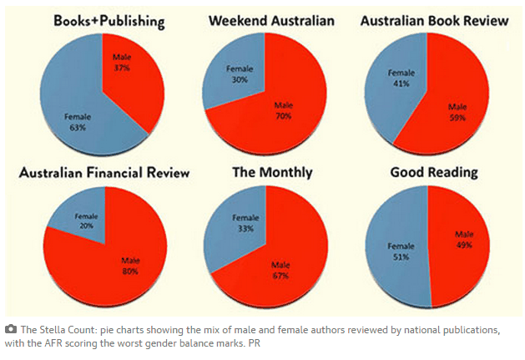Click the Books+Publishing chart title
tap(109, 22)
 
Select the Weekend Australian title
tap(271, 21)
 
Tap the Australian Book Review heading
tap(435, 21)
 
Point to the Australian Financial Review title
tap(104, 173)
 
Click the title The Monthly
tap(273, 173)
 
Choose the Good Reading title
tap(434, 173)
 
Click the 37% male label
tap(122, 63)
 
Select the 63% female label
tap(78, 122)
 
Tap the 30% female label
tap(240, 74)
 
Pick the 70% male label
tap(284, 111)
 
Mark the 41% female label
tap(401, 79)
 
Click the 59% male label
tap(457, 112)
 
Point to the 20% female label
tap(86, 221)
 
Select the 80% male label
tap(130, 266)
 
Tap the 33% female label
tap(245, 223)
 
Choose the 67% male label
tap(280, 271)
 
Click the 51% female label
tap(401, 251)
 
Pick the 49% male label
tap(464, 240)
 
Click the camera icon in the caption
tap(11, 329)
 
